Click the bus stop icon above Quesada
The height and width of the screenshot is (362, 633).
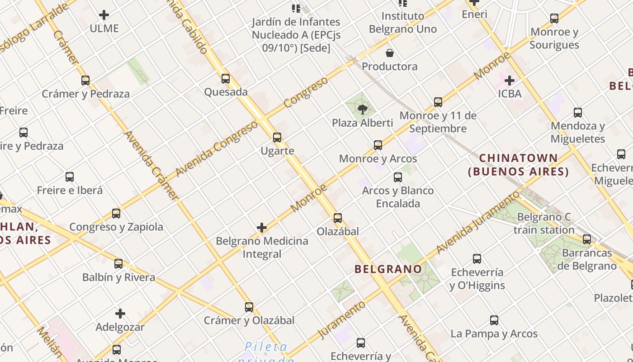pyautogui.click(x=226, y=79)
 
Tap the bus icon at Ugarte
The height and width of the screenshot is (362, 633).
pyautogui.click(x=277, y=138)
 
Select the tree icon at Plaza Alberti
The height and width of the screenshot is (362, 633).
pyautogui.click(x=362, y=109)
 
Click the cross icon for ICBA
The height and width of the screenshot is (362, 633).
pyautogui.click(x=510, y=81)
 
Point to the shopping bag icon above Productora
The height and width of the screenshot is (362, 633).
pyautogui.click(x=389, y=53)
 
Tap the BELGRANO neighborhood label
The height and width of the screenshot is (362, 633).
pyautogui.click(x=388, y=269)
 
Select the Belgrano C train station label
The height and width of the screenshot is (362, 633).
pyautogui.click(x=544, y=224)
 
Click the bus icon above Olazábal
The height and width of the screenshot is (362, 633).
pyautogui.click(x=337, y=218)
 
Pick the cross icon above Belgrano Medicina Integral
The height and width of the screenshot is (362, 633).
pyautogui.click(x=262, y=228)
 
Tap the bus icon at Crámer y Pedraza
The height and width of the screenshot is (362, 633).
pyautogui.click(x=85, y=81)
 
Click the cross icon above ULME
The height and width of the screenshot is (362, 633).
pyautogui.click(x=104, y=15)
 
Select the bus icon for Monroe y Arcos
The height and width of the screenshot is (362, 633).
pyautogui.click(x=378, y=145)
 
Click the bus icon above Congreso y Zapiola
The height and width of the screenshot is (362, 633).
pyautogui.click(x=116, y=214)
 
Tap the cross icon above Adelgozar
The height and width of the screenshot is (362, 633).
pyautogui.click(x=120, y=314)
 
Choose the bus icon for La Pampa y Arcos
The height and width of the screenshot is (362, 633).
pyautogui.click(x=494, y=320)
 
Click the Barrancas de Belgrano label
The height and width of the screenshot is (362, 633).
pyautogui.click(x=586, y=259)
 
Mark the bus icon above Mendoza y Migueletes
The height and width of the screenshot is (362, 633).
pyautogui.click(x=577, y=113)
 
